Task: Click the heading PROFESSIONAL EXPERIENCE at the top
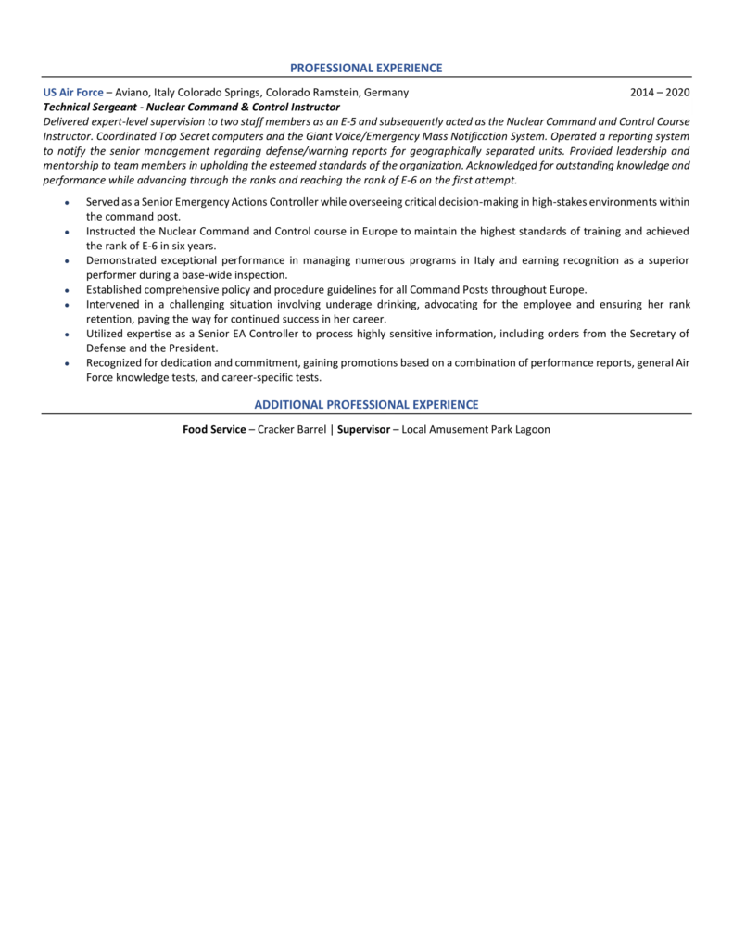366,68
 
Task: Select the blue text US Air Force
73,93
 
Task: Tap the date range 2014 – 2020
659,93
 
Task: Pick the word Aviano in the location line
134,93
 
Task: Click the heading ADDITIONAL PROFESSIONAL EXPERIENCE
366,404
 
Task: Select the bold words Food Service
214,430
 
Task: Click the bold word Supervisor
363,430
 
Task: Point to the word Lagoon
529,430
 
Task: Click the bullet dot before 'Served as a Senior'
66,202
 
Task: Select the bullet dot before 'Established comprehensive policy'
66,290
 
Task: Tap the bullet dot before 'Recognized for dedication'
66,363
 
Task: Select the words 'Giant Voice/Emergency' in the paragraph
363,135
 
